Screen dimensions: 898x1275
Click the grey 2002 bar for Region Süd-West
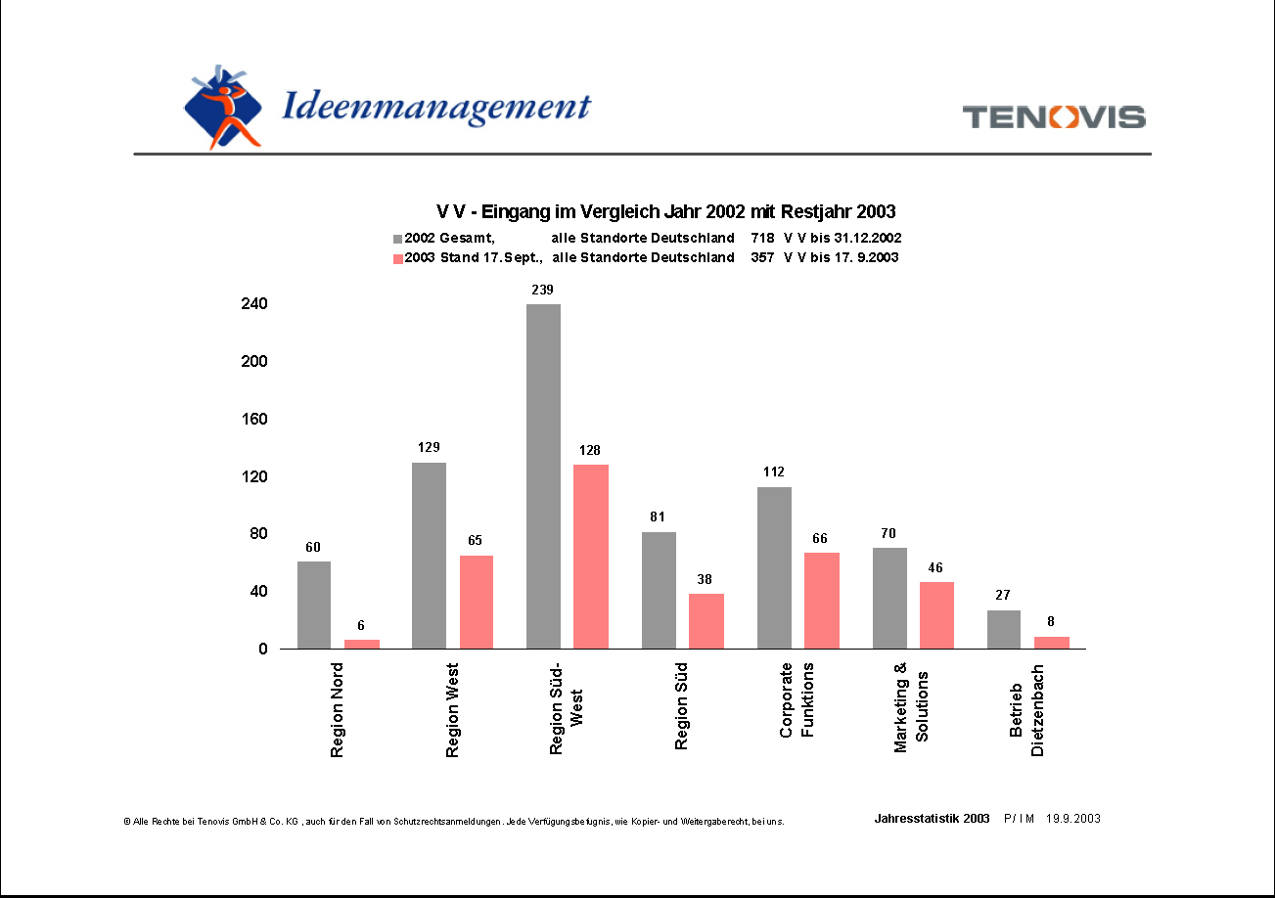pyautogui.click(x=543, y=476)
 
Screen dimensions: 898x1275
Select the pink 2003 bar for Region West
pyautogui.click(x=477, y=602)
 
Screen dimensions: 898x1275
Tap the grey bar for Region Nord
pyautogui.click(x=314, y=605)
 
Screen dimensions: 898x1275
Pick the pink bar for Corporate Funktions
pyautogui.click(x=822, y=601)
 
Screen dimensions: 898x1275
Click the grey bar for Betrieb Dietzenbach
pyautogui.click(x=1004, y=629)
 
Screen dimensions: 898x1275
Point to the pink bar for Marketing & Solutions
pyautogui.click(x=936, y=615)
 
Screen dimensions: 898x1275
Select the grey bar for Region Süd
pyautogui.click(x=659, y=590)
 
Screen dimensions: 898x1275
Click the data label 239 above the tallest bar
pyautogui.click(x=543, y=290)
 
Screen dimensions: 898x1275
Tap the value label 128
pyautogui.click(x=590, y=450)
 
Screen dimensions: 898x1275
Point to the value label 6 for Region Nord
pyautogui.click(x=361, y=625)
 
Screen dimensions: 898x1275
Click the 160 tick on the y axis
pyautogui.click(x=254, y=419)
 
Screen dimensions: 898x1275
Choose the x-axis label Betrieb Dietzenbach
pyautogui.click(x=1027, y=710)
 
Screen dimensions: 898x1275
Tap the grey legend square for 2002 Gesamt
pyautogui.click(x=397, y=239)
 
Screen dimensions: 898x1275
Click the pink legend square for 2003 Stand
pyautogui.click(x=397, y=258)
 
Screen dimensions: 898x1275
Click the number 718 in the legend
pyautogui.click(x=762, y=238)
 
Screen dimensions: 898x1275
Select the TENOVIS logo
pyautogui.click(x=1054, y=117)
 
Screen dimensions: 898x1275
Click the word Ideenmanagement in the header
pyautogui.click(x=436, y=107)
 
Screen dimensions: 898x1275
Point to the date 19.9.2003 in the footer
pyautogui.click(x=1073, y=819)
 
